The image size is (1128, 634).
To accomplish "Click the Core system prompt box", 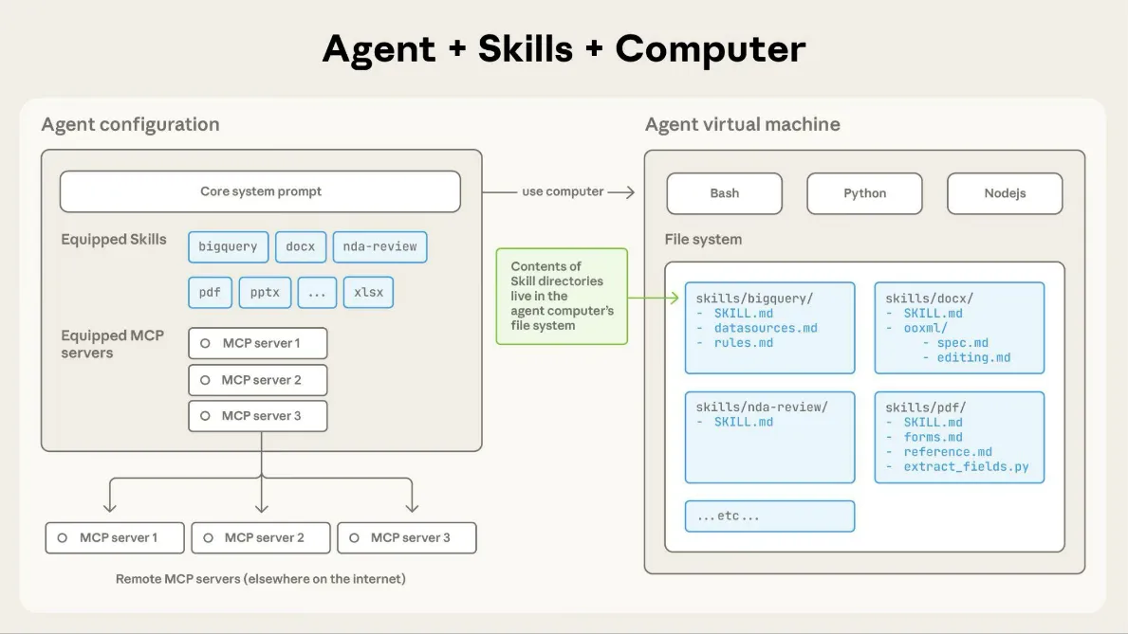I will [x=260, y=191].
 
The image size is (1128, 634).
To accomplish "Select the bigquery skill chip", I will [x=228, y=246].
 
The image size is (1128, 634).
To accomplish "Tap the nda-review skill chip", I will [x=380, y=246].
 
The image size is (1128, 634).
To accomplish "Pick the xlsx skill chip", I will [x=368, y=292].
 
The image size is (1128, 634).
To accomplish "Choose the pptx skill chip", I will [x=265, y=292].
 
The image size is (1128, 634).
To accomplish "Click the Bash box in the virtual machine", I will [x=724, y=193].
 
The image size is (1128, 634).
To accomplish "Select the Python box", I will [x=864, y=193].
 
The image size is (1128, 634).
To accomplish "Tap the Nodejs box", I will [x=1005, y=193].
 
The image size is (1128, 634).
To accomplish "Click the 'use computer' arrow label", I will [x=563, y=191].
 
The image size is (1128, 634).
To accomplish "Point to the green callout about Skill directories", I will [x=562, y=296].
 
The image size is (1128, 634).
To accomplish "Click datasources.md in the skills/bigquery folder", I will [x=766, y=328].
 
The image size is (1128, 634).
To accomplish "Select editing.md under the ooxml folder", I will [x=973, y=357].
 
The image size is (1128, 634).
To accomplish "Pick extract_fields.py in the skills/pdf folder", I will [x=966, y=467].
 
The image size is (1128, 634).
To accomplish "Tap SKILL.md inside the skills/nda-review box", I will [x=743, y=422].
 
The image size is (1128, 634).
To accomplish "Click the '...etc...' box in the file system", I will [x=769, y=516].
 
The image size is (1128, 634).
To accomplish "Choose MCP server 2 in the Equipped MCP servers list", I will [x=258, y=380].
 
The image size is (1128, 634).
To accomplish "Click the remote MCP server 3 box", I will [x=407, y=537].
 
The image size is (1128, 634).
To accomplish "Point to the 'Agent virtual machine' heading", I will [x=742, y=124].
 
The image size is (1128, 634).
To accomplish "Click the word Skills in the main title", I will [x=527, y=48].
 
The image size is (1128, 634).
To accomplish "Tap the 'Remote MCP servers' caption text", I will [x=260, y=578].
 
